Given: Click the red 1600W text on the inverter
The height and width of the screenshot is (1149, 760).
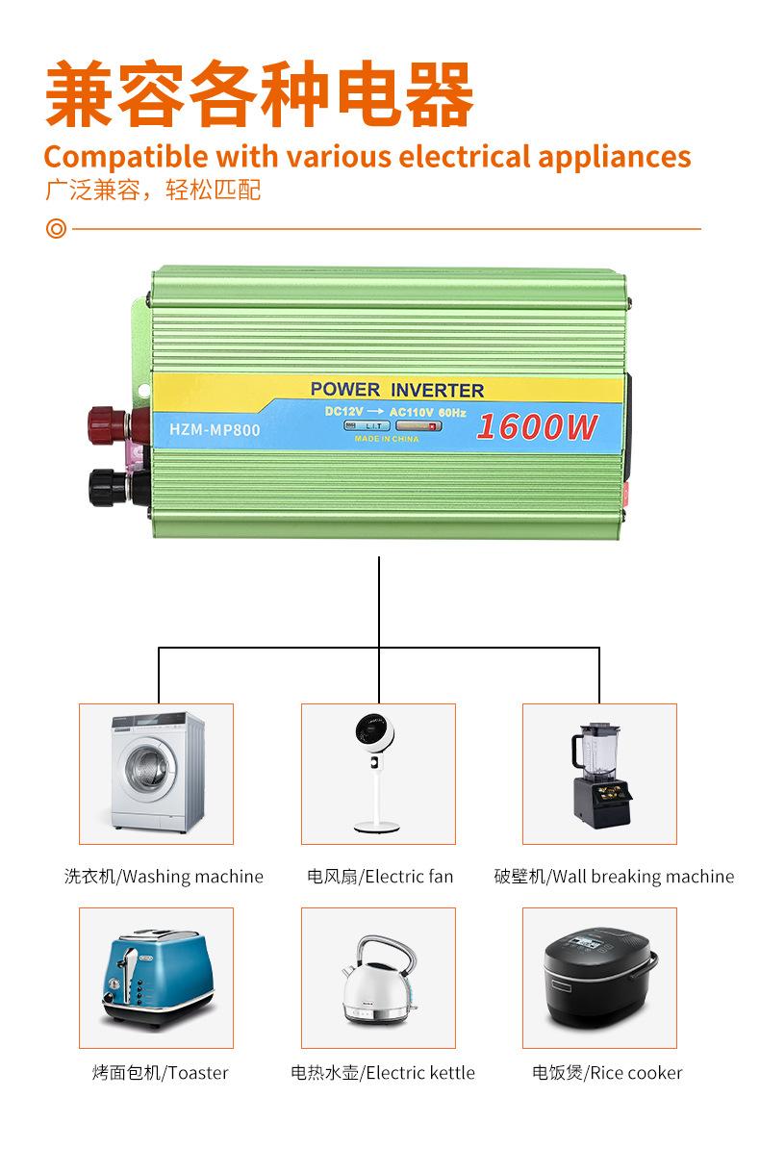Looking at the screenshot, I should [537, 426].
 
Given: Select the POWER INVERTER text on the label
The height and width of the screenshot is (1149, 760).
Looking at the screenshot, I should [397, 390].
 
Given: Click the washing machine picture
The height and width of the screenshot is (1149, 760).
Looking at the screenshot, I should [156, 773].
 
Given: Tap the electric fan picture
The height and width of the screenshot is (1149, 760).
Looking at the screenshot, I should [378, 773].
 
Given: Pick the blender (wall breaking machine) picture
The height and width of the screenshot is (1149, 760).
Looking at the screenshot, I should [599, 773].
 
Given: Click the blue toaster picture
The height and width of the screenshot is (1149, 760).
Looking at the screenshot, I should [156, 977].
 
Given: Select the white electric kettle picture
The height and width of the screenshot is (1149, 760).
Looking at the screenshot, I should [378, 977].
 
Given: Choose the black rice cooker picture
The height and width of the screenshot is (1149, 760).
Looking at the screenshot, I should [599, 977].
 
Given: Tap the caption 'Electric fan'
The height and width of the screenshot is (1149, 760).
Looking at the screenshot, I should [409, 877].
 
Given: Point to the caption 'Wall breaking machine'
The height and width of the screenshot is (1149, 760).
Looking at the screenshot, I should [643, 877].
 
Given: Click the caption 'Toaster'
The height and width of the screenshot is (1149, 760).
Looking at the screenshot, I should [198, 1073].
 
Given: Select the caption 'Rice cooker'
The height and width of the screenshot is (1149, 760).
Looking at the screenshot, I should [635, 1073].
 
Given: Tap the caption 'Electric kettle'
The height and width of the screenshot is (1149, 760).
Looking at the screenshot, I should [420, 1073].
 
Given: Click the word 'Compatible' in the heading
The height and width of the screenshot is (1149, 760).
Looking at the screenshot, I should [125, 156].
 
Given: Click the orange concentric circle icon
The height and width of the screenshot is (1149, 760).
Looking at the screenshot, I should [57, 229].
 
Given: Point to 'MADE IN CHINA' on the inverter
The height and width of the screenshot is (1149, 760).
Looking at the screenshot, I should [387, 438].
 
